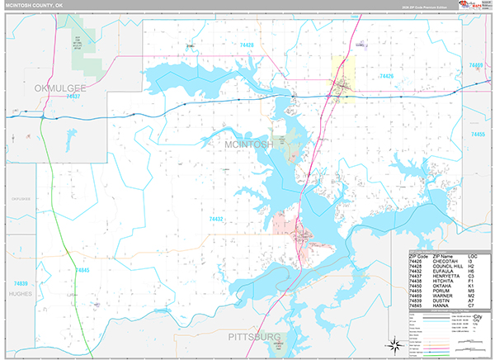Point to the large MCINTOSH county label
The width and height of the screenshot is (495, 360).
tap(249, 145)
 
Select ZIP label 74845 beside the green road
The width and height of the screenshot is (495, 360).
tap(81, 270)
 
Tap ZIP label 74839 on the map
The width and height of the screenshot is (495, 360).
tap(21, 283)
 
